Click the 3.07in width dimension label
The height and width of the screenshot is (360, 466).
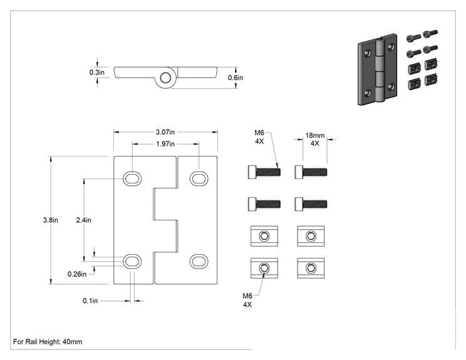165,132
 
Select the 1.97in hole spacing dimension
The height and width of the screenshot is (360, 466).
165,144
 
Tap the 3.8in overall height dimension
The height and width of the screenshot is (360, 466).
51,220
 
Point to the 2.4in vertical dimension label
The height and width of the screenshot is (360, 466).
83,220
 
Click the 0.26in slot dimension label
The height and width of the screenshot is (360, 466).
77,274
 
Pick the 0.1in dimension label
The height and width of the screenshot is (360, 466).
90,301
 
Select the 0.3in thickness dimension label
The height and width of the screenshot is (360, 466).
97,73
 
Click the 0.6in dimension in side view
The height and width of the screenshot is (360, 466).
236,78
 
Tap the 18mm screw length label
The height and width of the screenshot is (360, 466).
315,135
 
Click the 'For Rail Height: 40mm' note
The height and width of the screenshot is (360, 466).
48,342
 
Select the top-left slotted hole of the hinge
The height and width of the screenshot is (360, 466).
132,179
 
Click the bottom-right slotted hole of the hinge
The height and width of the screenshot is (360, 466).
199,262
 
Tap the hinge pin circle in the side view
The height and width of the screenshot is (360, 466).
165,78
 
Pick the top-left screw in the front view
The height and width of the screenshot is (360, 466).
264,172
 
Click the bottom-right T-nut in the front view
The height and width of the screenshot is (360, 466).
311,268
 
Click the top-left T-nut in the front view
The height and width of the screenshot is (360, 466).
264,236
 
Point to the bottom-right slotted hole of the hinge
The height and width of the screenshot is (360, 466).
199,262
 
